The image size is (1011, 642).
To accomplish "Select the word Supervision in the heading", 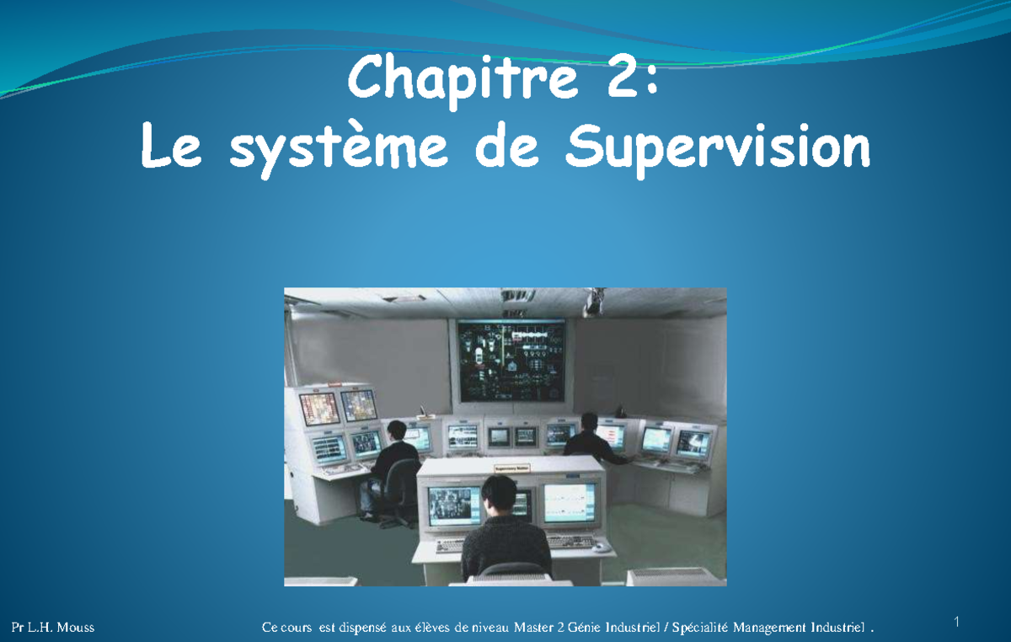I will (717, 149).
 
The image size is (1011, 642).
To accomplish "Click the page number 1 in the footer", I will (957, 623).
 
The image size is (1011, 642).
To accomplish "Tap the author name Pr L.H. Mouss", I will (52, 628).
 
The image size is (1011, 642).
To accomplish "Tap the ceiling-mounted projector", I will (595, 301).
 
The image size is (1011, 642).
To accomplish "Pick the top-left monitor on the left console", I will (320, 408).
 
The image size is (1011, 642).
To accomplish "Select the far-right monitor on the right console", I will (693, 441).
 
